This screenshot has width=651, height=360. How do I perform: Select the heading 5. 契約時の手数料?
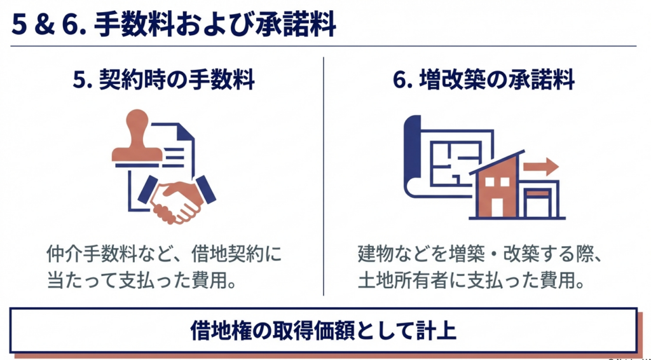(x=163, y=80)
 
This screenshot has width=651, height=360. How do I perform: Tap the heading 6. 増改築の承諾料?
(x=484, y=80)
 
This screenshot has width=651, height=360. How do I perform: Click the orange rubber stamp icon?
(x=137, y=136)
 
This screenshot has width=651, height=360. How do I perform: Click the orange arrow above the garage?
(x=540, y=167)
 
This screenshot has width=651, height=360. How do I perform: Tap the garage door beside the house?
(x=538, y=203)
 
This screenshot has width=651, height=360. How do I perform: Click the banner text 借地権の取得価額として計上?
(x=324, y=330)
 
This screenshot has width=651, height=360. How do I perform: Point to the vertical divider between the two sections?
(x=324, y=176)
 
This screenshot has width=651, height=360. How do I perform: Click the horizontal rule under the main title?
(x=324, y=46)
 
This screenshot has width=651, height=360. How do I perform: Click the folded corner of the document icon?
(x=186, y=132)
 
